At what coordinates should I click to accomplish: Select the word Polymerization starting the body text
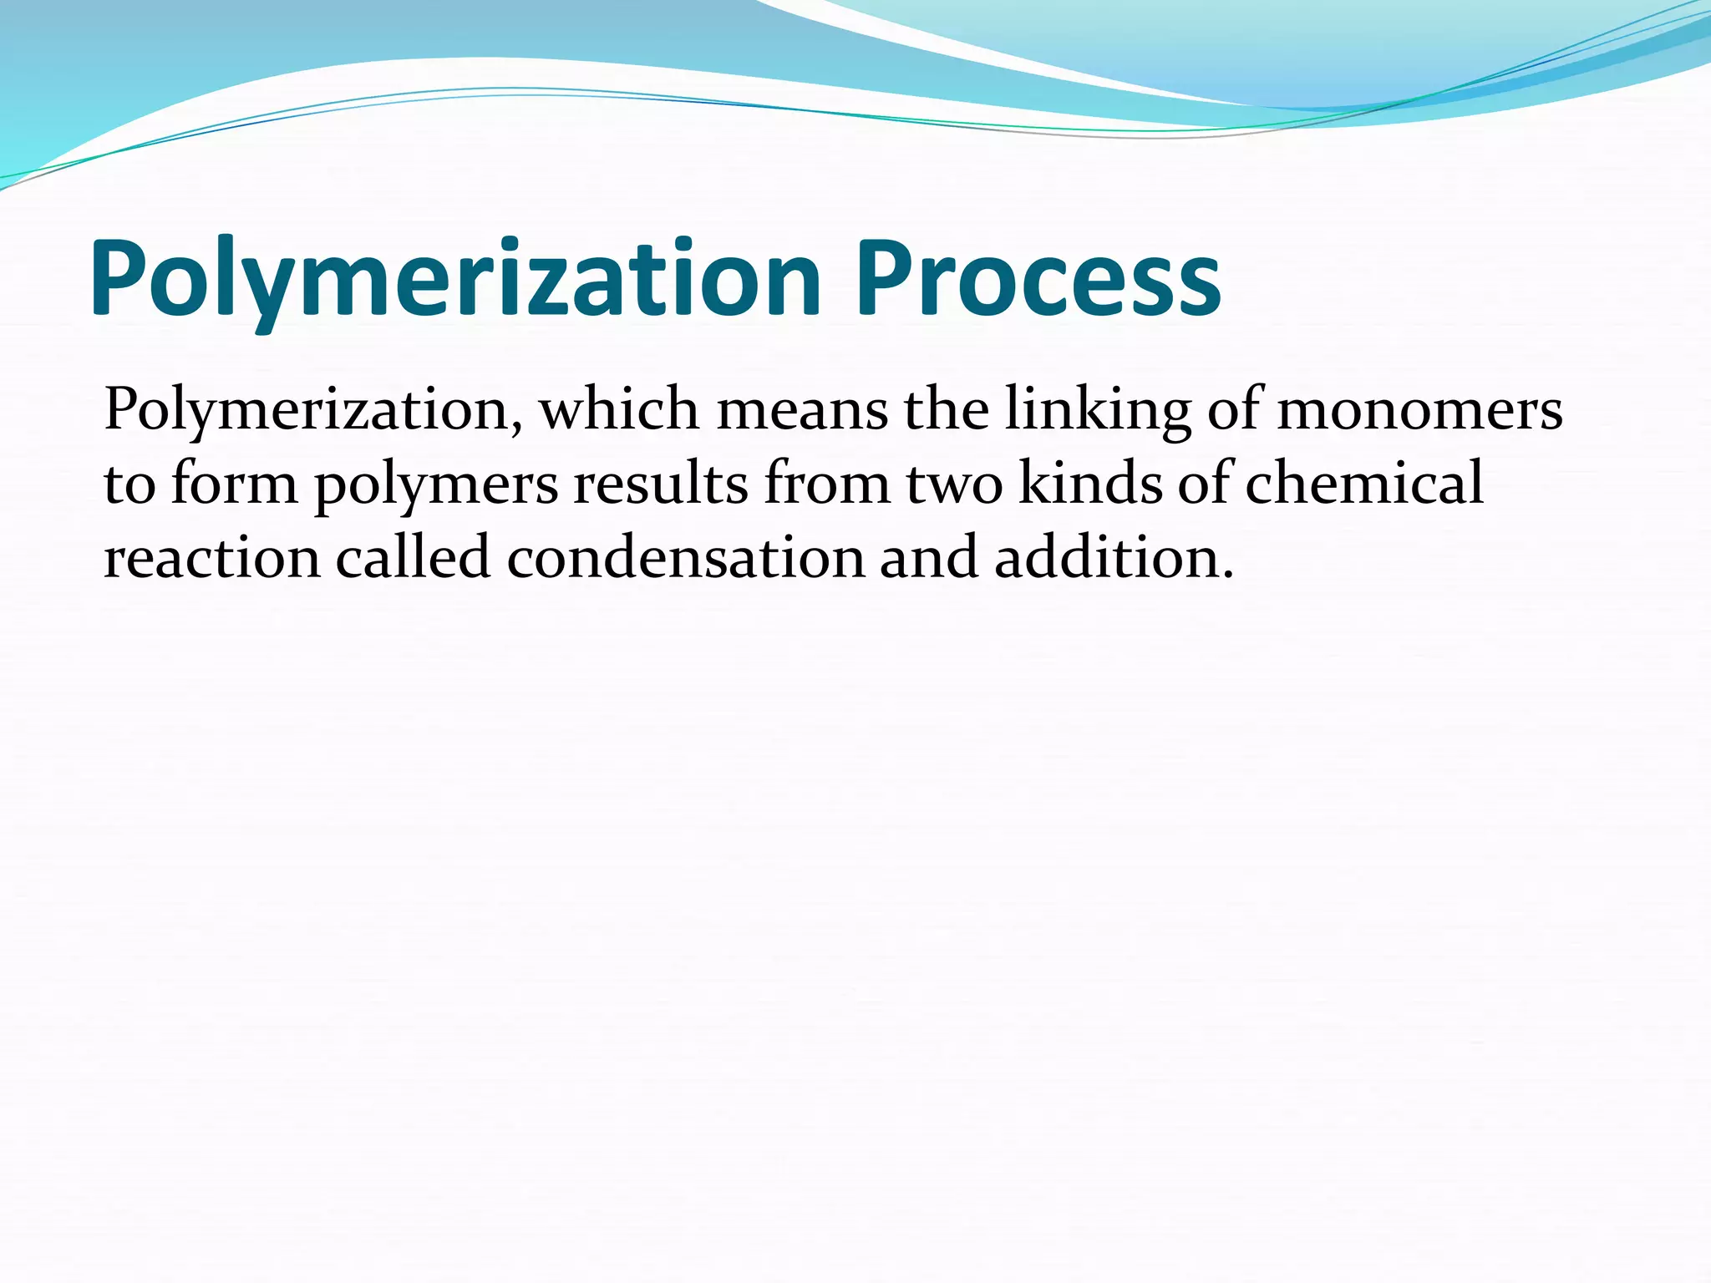(x=306, y=411)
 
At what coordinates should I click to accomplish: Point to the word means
(x=802, y=411)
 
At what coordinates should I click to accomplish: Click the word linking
(x=1097, y=411)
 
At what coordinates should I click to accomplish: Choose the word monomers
(x=1419, y=411)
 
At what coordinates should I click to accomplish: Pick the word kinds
(x=1090, y=484)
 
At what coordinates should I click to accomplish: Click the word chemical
(x=1364, y=484)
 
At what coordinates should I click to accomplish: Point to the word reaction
(x=212, y=559)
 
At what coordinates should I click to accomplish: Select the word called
(x=413, y=557)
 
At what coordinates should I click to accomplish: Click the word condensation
(x=685, y=557)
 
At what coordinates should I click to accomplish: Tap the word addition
(x=1104, y=557)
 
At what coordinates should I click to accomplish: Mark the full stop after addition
(x=1226, y=576)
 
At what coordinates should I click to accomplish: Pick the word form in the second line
(x=234, y=484)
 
